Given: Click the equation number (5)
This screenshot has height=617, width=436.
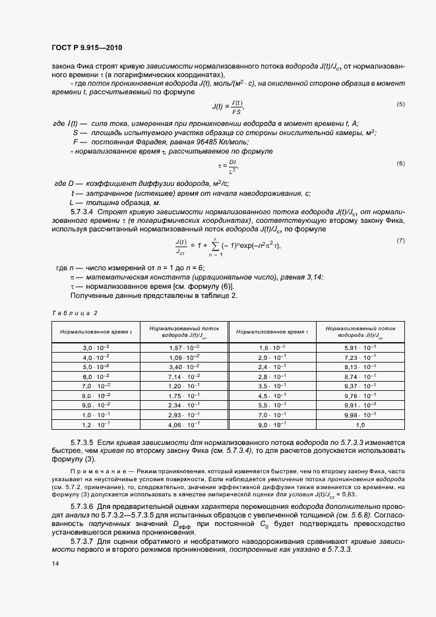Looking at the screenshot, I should [x=400, y=104].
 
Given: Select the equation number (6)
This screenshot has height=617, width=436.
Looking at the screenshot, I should [x=400, y=163].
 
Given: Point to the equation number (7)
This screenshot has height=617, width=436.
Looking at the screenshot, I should [x=400, y=241].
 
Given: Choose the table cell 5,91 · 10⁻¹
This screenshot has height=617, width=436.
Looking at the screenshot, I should [x=360, y=347].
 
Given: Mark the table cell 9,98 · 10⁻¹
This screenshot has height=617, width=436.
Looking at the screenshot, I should [x=360, y=415].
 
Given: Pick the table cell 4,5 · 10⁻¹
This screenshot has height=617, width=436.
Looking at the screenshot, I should [x=270, y=396].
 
